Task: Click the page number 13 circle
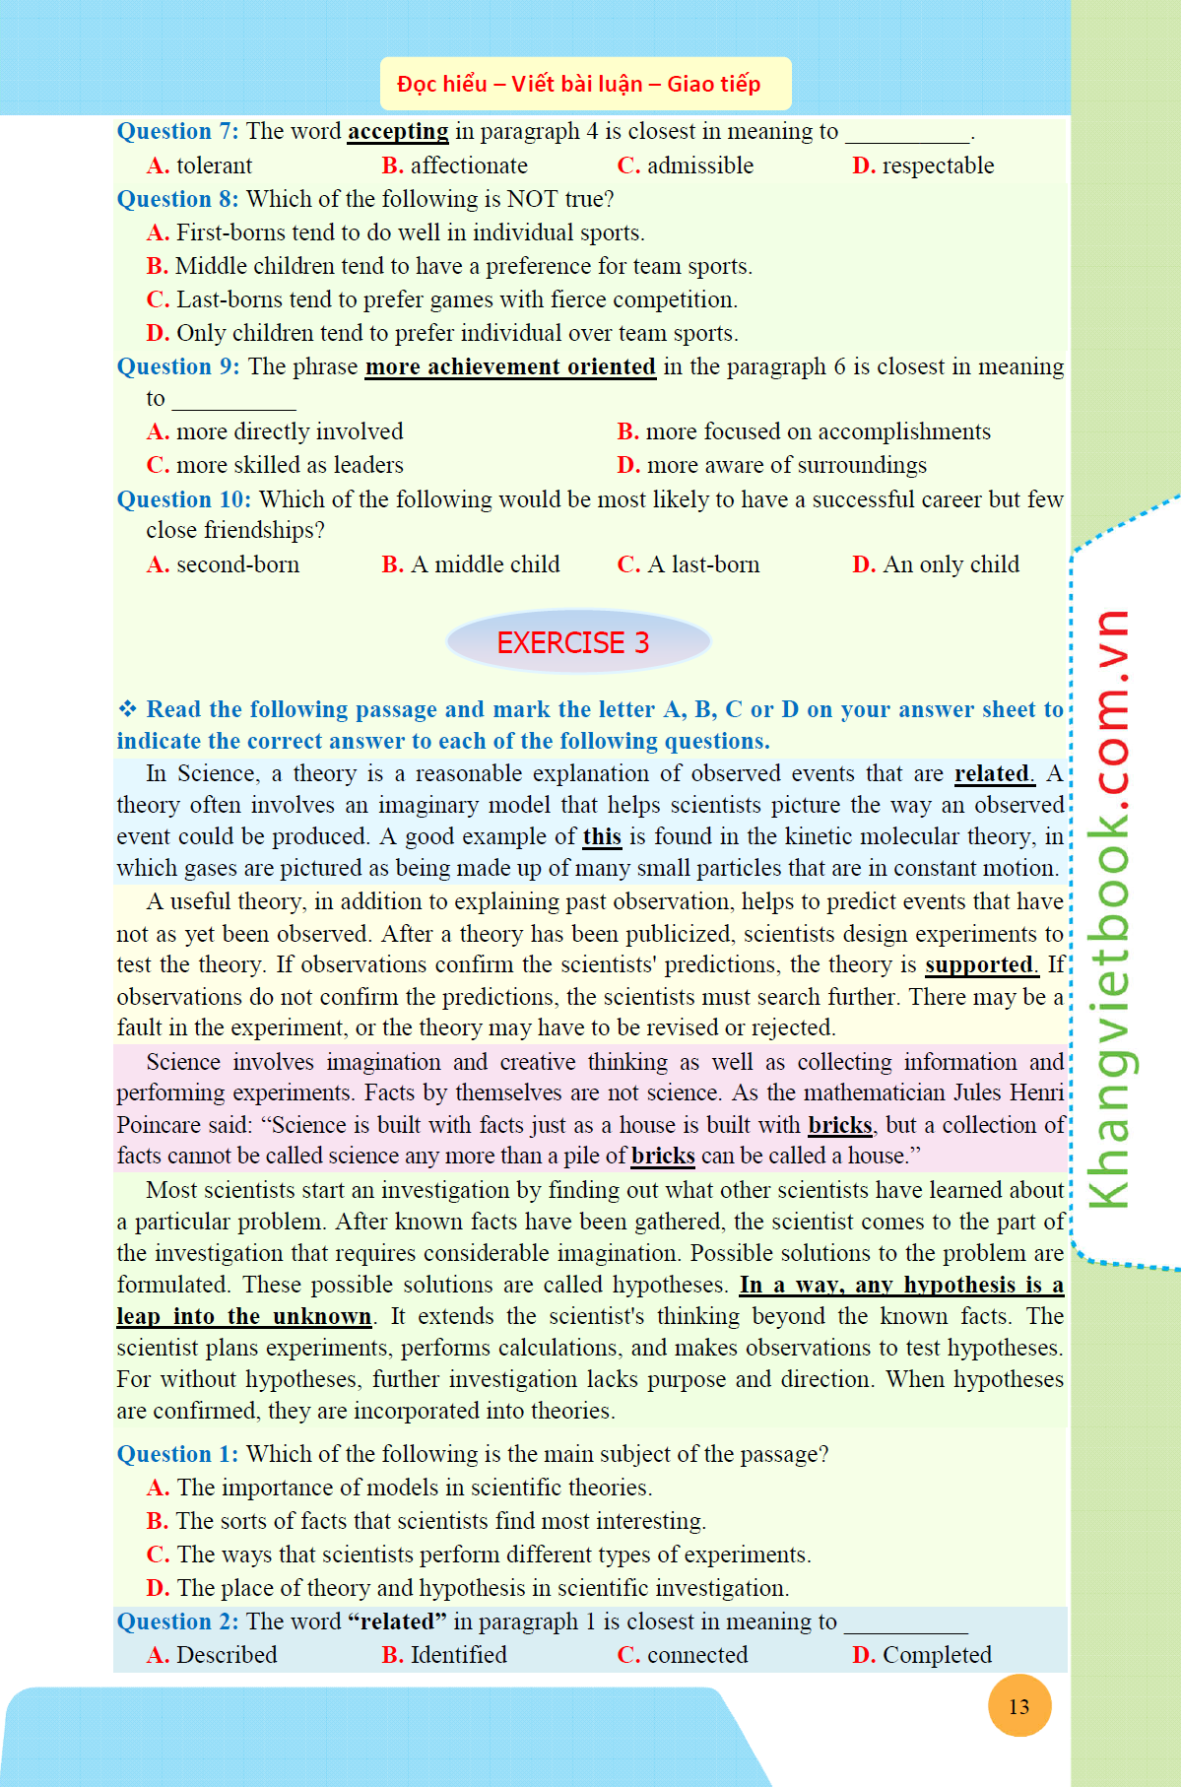(x=1018, y=1706)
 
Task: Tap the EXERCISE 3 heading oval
(x=577, y=642)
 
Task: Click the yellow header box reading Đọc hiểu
(x=585, y=84)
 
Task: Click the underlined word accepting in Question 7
(x=398, y=131)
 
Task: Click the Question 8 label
(x=177, y=199)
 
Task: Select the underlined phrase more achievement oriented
(x=510, y=366)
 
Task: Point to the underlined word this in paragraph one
(x=601, y=836)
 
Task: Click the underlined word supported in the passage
(x=980, y=964)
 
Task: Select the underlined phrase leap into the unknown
(x=243, y=1316)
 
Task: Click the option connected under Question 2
(x=696, y=1655)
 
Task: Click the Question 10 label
(x=183, y=499)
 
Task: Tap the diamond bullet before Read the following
(x=127, y=709)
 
